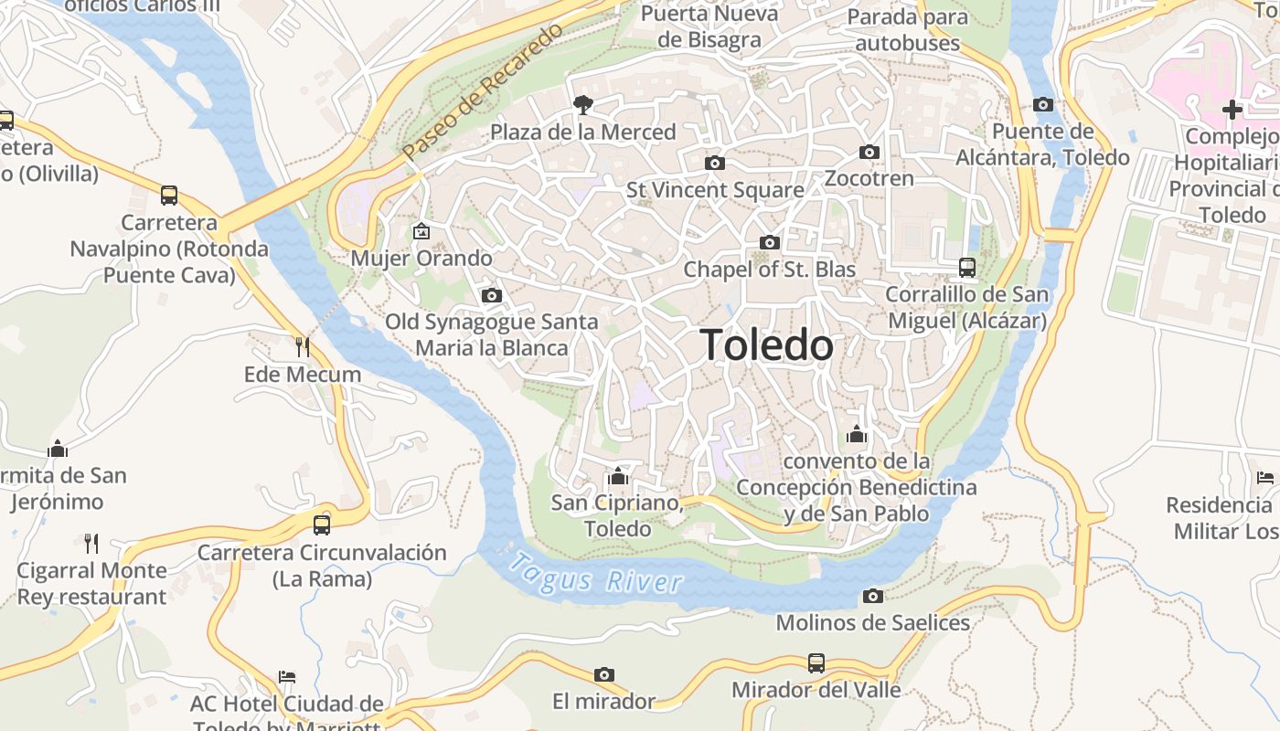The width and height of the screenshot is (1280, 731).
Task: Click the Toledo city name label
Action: click(766, 345)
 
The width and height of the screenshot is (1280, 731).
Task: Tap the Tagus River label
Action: click(595, 574)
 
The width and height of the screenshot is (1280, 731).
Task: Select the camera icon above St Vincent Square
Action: click(715, 163)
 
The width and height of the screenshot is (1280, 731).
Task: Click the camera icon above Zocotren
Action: click(869, 152)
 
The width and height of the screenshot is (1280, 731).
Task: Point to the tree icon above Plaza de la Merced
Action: click(582, 105)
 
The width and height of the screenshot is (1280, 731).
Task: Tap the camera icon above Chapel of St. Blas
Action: click(770, 242)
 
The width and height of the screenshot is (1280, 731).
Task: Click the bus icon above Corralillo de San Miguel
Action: click(967, 268)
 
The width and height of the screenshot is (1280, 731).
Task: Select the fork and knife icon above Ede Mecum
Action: click(303, 347)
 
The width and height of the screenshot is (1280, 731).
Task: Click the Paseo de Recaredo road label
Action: click(483, 92)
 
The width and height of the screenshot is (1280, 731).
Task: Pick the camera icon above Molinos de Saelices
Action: click(873, 597)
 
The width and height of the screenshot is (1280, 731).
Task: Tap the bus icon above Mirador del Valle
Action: click(816, 662)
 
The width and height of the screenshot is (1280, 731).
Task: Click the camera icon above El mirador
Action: click(604, 674)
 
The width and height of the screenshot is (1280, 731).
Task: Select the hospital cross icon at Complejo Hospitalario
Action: click(1232, 110)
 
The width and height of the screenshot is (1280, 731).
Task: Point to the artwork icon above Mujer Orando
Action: click(421, 231)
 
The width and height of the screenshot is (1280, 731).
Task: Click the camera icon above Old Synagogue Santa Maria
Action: click(492, 295)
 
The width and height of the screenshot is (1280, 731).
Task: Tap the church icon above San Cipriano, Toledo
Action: click(618, 476)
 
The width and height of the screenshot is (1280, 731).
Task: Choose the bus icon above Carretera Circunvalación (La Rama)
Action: click(321, 525)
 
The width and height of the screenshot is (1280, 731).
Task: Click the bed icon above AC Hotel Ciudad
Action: click(287, 677)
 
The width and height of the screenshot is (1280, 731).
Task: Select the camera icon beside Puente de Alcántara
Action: click(1043, 104)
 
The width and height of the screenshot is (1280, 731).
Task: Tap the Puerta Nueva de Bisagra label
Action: click(709, 26)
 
